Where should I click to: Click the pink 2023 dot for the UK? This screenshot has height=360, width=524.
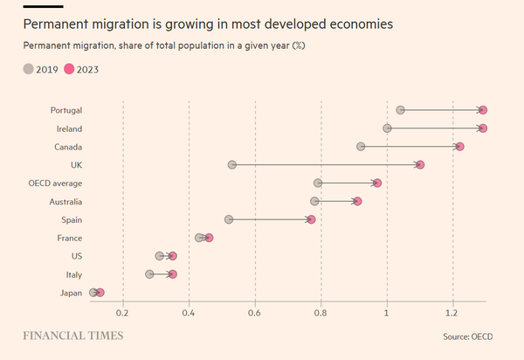click(x=420, y=164)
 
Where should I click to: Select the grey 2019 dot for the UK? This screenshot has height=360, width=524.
click(x=232, y=164)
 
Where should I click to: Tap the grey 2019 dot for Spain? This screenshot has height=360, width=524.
click(x=229, y=219)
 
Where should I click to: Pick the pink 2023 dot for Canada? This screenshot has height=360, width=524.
click(x=459, y=146)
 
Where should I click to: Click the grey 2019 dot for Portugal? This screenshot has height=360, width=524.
click(x=400, y=110)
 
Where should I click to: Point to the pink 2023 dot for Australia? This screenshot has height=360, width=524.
click(x=357, y=201)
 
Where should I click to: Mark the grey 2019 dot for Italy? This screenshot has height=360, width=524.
click(x=149, y=274)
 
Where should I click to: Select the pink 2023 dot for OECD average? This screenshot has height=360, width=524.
click(x=377, y=183)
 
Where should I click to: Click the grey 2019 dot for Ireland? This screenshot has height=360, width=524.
click(x=387, y=128)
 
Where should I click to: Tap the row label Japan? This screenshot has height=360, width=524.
click(x=70, y=293)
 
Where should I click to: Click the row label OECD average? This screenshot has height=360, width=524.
click(x=55, y=183)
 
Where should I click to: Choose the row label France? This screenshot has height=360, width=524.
click(x=69, y=238)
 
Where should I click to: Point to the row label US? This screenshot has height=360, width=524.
click(x=77, y=256)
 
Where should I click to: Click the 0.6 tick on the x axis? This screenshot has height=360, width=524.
click(x=255, y=313)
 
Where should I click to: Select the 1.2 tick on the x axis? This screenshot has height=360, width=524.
click(x=452, y=313)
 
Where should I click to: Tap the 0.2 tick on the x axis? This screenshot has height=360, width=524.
click(x=123, y=313)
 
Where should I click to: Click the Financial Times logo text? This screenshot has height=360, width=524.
click(x=72, y=336)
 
